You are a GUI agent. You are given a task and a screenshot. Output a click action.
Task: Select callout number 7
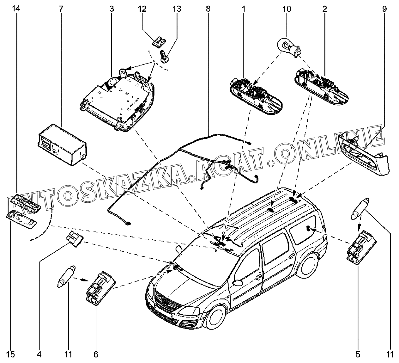point(61,9)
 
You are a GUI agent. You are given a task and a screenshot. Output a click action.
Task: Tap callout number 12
point(142,9)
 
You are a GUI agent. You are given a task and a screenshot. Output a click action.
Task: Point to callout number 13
point(177,9)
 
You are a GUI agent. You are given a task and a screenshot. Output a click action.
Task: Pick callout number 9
point(384,9)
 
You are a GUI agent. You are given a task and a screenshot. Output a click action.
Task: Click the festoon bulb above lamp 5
point(360,210)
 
